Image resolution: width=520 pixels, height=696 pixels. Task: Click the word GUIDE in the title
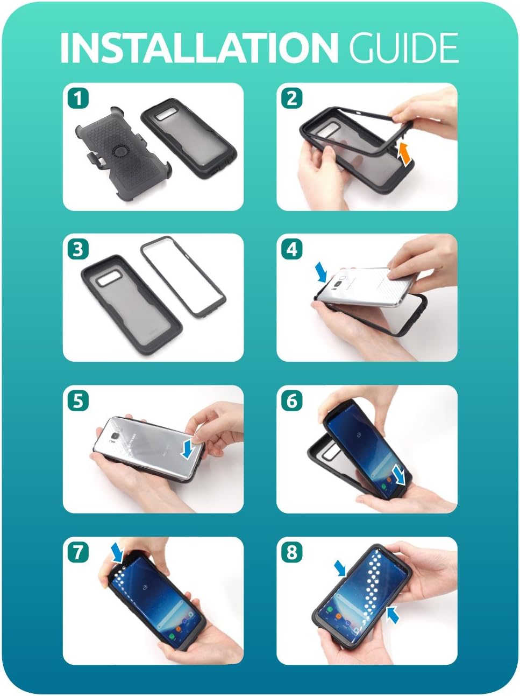coord(403,48)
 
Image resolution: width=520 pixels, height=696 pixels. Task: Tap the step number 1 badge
coord(78,98)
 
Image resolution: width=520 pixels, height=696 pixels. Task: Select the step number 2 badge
coord(291,98)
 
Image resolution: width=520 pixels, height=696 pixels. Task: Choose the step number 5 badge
coord(78,400)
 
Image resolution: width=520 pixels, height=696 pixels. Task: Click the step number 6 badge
coord(291,400)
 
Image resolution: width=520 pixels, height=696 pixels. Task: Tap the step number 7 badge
coord(78,552)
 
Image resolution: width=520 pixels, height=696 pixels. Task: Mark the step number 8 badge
coord(291,552)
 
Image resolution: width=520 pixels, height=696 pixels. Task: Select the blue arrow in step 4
coord(323,271)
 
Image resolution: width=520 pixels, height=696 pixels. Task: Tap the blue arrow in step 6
coord(398,475)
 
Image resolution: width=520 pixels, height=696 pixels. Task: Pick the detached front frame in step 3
coord(183,277)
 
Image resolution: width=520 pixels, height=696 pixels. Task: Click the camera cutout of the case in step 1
coord(166,115)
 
